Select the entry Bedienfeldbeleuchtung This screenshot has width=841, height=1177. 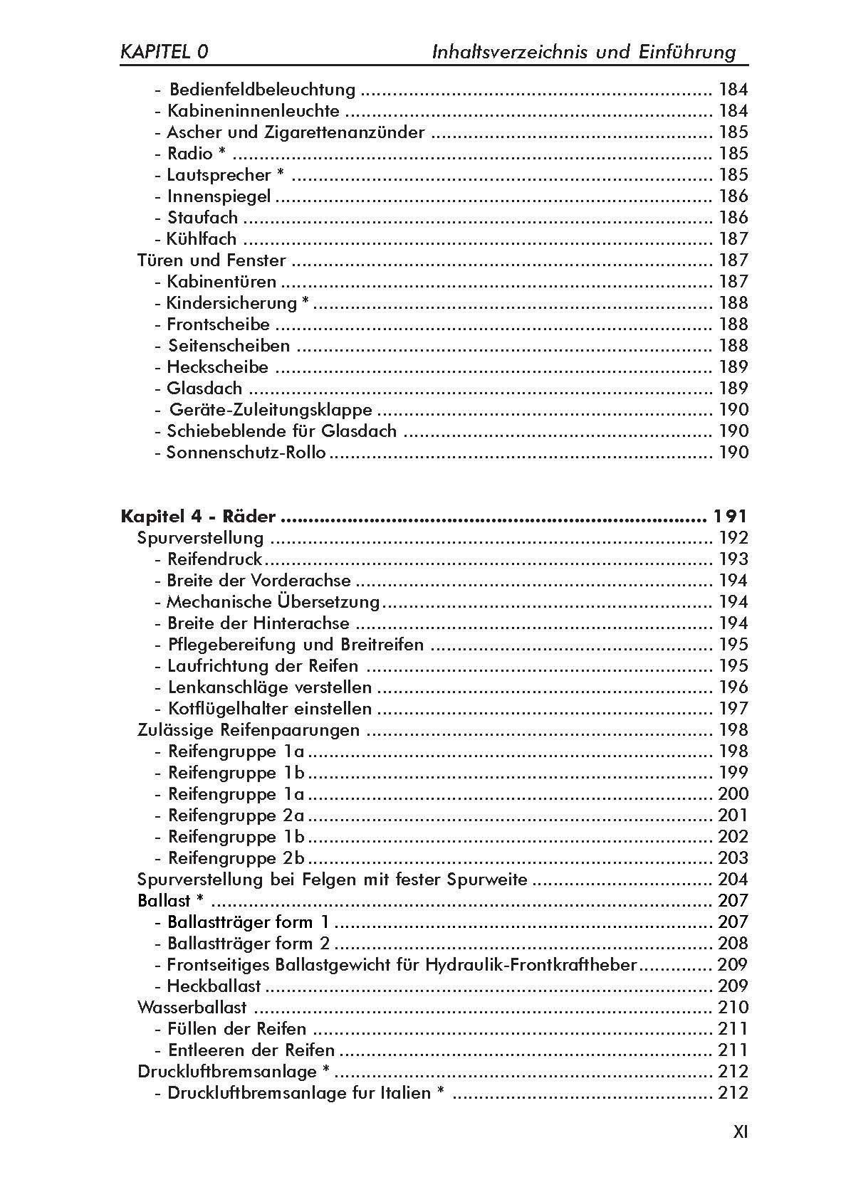tap(261, 90)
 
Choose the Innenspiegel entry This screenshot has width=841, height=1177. tap(219, 196)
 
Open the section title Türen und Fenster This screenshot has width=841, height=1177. tap(211, 260)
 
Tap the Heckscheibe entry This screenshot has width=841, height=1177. tap(217, 367)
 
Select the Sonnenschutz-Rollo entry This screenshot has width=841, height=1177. tap(246, 453)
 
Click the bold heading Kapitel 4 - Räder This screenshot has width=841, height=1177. tap(199, 517)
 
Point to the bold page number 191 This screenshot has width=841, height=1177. tap(729, 517)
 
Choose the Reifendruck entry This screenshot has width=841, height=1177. tap(214, 559)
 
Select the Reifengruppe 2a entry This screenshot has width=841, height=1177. tap(236, 816)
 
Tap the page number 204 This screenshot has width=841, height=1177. tap(733, 880)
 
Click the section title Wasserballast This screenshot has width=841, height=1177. tap(192, 1008)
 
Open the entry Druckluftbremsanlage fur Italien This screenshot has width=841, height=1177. tap(299, 1093)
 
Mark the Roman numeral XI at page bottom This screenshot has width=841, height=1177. tap(740, 1132)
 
